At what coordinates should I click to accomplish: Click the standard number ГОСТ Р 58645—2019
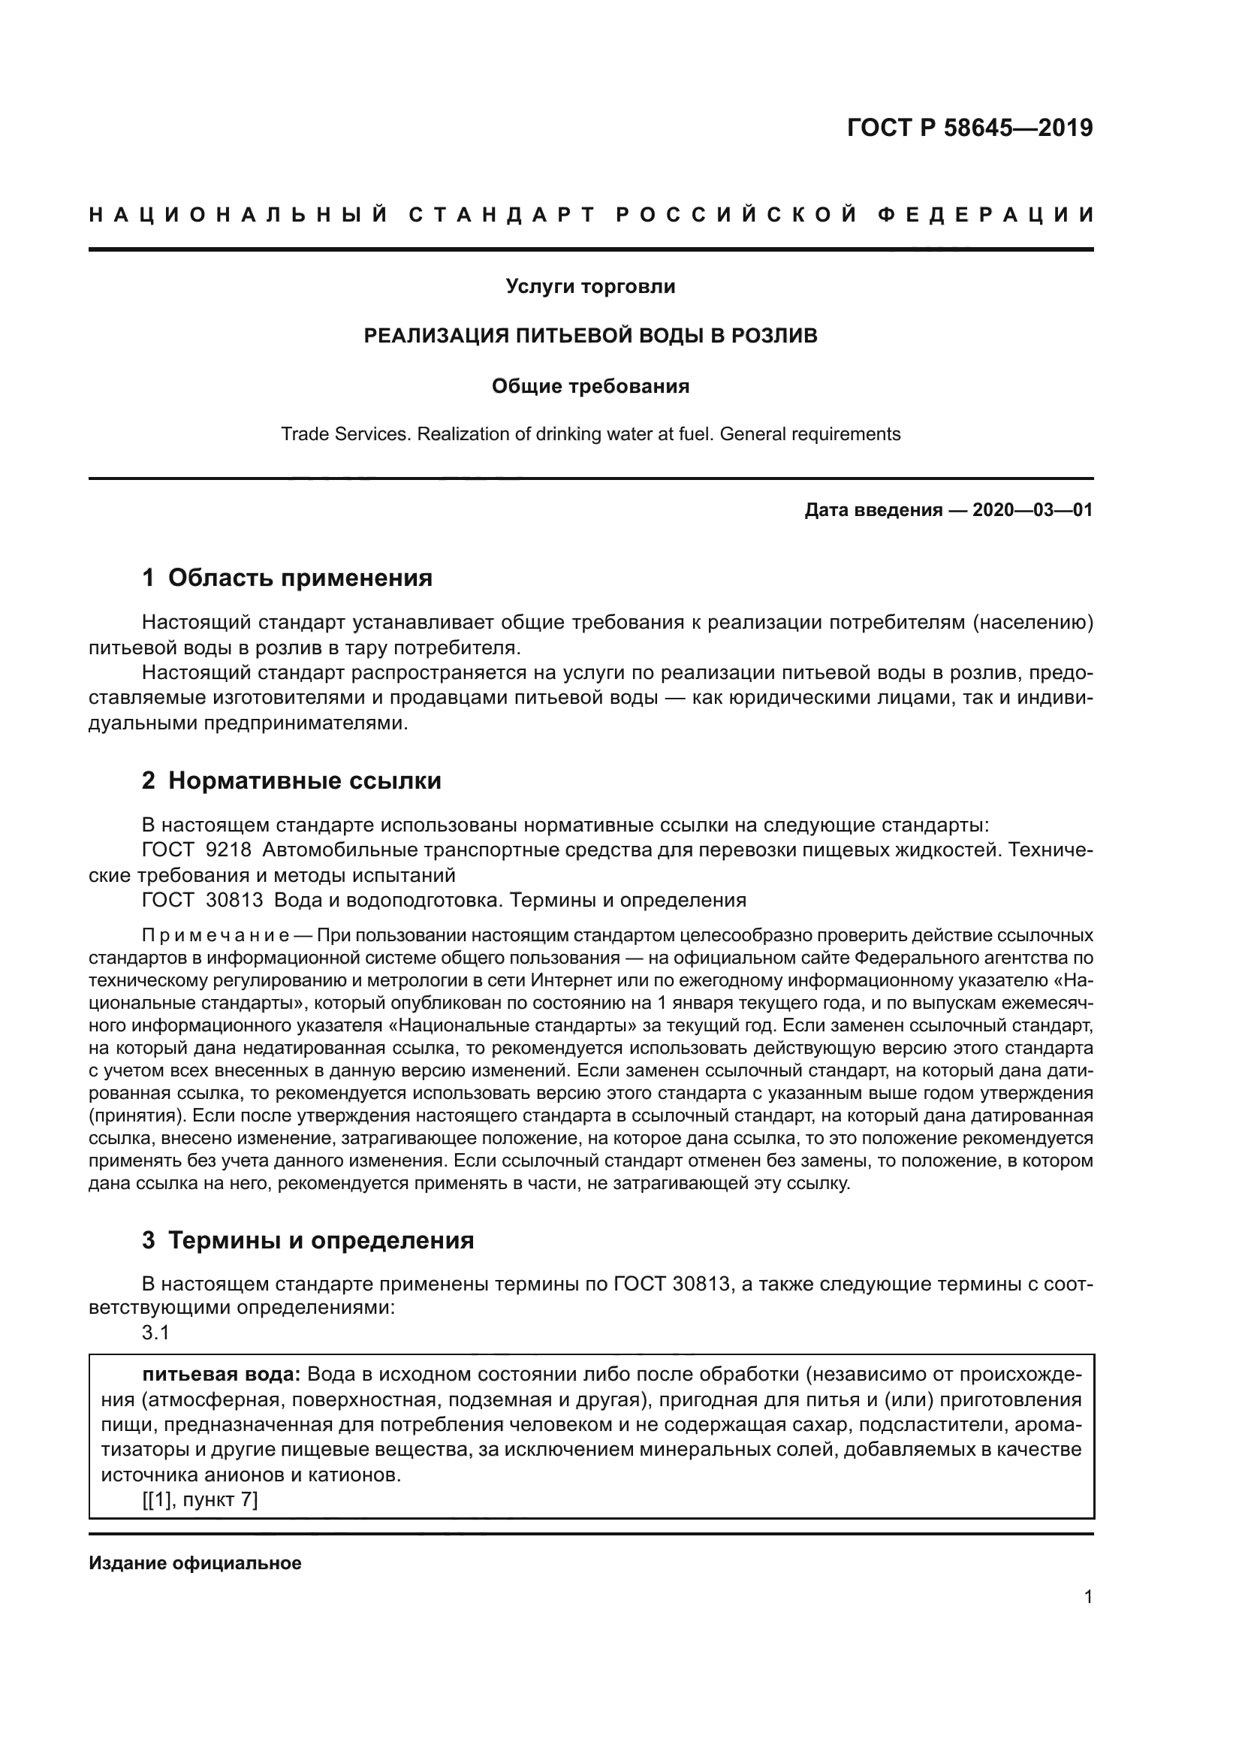coord(969,128)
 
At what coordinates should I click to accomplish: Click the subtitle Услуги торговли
coord(590,287)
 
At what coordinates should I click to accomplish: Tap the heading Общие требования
coord(590,386)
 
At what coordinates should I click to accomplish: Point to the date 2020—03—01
coord(1032,510)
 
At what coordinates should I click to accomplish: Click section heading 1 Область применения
coord(287,578)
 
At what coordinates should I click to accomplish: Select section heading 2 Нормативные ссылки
coord(291,780)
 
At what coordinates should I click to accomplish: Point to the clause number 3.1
coord(155,1333)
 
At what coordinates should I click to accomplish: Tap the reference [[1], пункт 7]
coord(200,1501)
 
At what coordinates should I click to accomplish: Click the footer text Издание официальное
coord(195,1563)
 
